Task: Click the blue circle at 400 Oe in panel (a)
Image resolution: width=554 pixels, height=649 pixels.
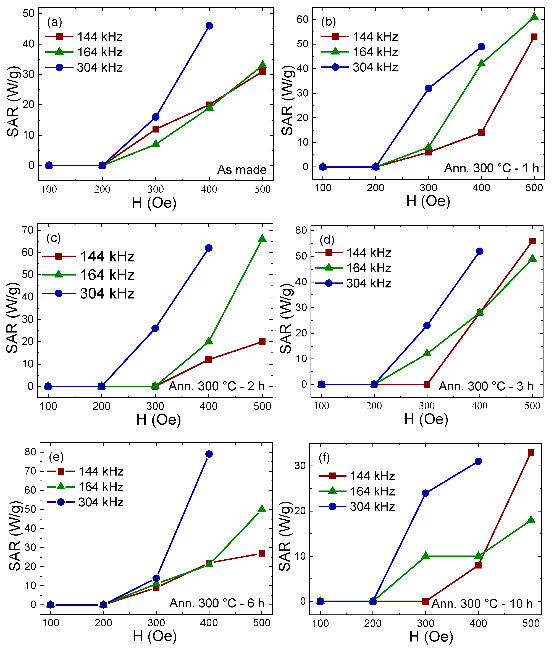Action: [x=209, y=26]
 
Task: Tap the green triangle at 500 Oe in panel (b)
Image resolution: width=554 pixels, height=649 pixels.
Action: [x=534, y=17]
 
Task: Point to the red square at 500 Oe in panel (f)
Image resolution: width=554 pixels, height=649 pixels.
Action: [x=531, y=452]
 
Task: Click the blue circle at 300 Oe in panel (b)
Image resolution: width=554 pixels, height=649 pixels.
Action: [x=429, y=88]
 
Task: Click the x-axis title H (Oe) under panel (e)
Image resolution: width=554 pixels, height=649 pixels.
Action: [x=155, y=636]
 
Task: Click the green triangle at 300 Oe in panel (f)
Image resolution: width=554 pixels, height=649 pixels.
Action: [x=425, y=556]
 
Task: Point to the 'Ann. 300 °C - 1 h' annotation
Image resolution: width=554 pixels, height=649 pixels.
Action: [x=491, y=168]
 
